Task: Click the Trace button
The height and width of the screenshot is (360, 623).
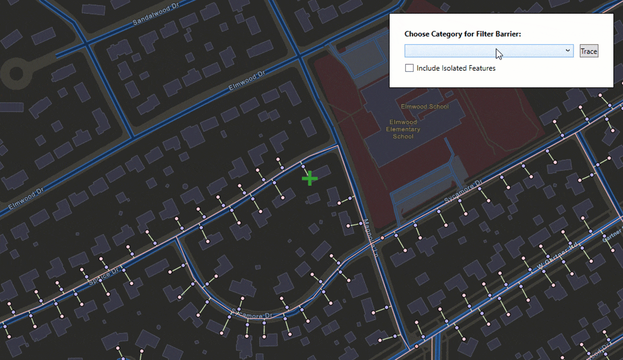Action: tap(589, 51)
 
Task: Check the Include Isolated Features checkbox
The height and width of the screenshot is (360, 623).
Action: tap(409, 68)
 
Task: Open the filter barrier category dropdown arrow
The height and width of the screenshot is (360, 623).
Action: tap(568, 51)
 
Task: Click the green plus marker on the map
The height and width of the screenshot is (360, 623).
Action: tap(310, 179)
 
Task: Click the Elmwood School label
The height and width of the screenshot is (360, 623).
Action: tap(425, 107)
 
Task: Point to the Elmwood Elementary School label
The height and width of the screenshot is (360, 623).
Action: tap(403, 129)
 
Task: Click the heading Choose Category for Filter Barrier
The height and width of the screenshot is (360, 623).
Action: tap(463, 34)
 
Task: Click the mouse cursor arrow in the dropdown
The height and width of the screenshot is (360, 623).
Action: tap(498, 53)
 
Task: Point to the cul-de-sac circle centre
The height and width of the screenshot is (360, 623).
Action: tap(17, 73)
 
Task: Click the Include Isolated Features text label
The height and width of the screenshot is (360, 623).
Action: tap(456, 68)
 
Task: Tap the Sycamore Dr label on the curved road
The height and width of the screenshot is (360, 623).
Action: tap(251, 315)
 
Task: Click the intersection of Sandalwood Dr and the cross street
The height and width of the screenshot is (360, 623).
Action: tap(85, 44)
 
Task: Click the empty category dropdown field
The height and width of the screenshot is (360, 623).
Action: tap(482, 51)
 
